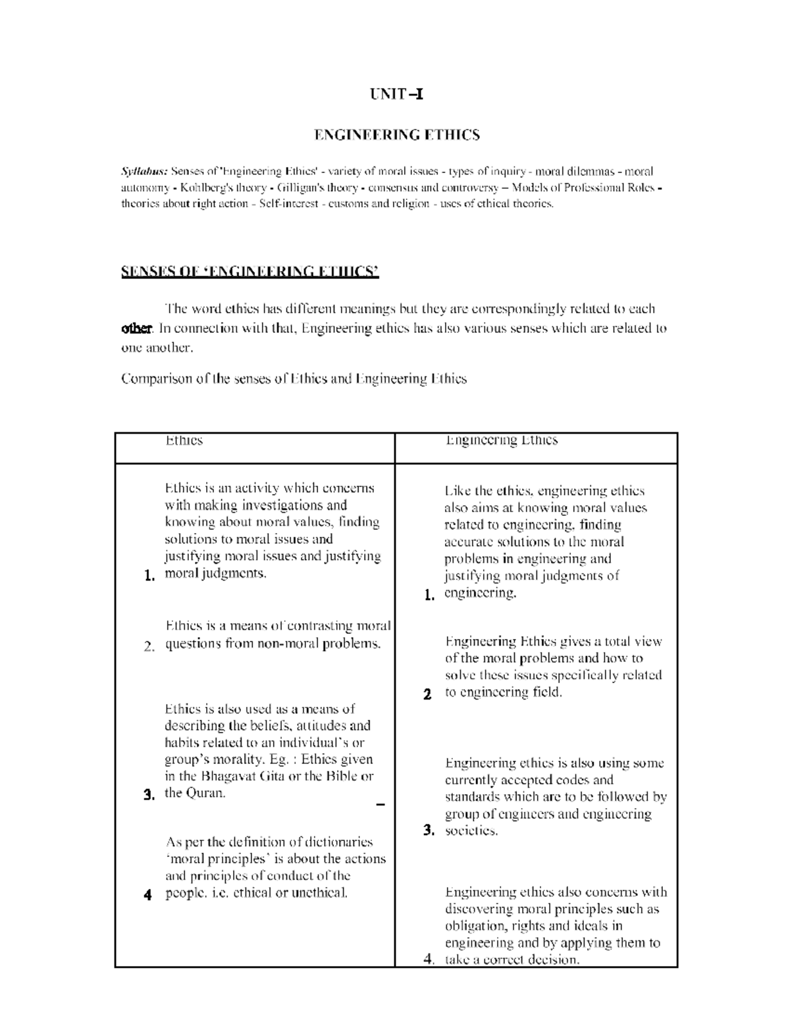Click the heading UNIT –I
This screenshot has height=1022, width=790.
click(x=396, y=93)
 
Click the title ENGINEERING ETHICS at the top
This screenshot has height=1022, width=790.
click(x=396, y=135)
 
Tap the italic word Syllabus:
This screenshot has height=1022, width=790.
click(x=144, y=172)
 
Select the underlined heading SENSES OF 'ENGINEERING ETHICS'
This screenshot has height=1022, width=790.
click(x=250, y=272)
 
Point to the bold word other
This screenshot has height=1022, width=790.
click(x=137, y=328)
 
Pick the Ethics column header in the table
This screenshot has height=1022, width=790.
click(x=184, y=440)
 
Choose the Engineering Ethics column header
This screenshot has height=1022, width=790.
click(x=502, y=440)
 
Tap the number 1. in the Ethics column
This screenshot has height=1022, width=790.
click(x=149, y=576)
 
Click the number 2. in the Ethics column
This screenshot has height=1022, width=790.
click(x=149, y=646)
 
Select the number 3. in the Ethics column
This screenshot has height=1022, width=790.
click(x=149, y=795)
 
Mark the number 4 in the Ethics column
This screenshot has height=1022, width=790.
click(x=148, y=895)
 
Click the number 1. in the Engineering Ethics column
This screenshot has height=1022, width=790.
click(x=429, y=596)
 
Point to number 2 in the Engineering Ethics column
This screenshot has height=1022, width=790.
click(x=428, y=694)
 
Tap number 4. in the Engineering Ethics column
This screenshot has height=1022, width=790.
click(x=429, y=959)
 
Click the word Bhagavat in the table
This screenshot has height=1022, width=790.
click(x=228, y=776)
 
